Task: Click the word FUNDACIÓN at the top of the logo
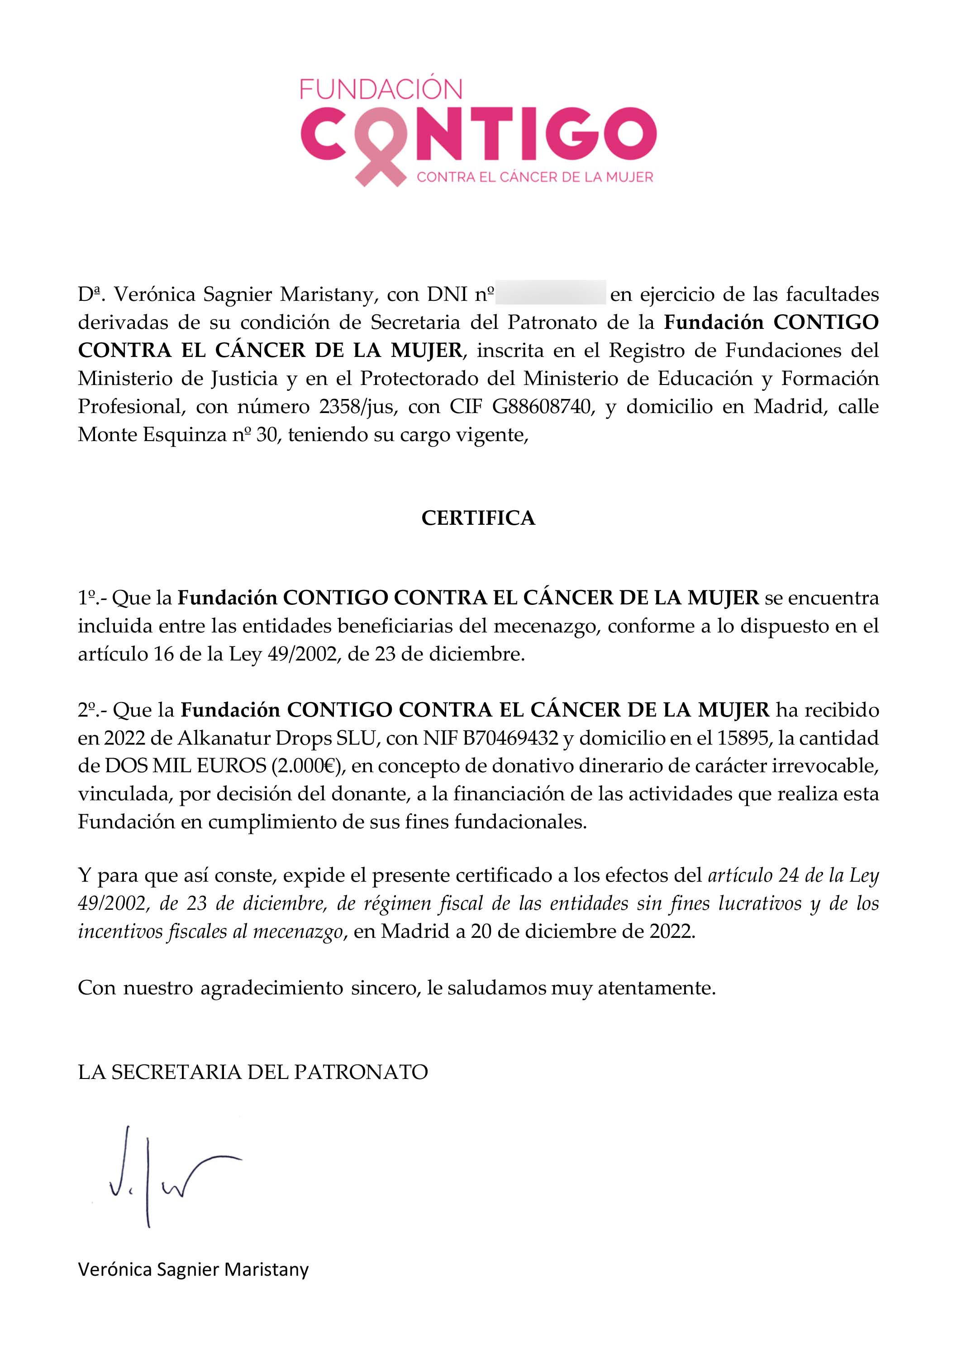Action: point(381,89)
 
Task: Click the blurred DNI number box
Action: point(551,293)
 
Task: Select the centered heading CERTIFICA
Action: point(478,518)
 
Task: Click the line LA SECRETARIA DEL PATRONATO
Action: point(252,1072)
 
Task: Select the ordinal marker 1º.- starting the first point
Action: point(91,598)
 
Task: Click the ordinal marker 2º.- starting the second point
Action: point(93,710)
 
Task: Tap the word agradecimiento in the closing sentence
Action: point(272,988)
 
